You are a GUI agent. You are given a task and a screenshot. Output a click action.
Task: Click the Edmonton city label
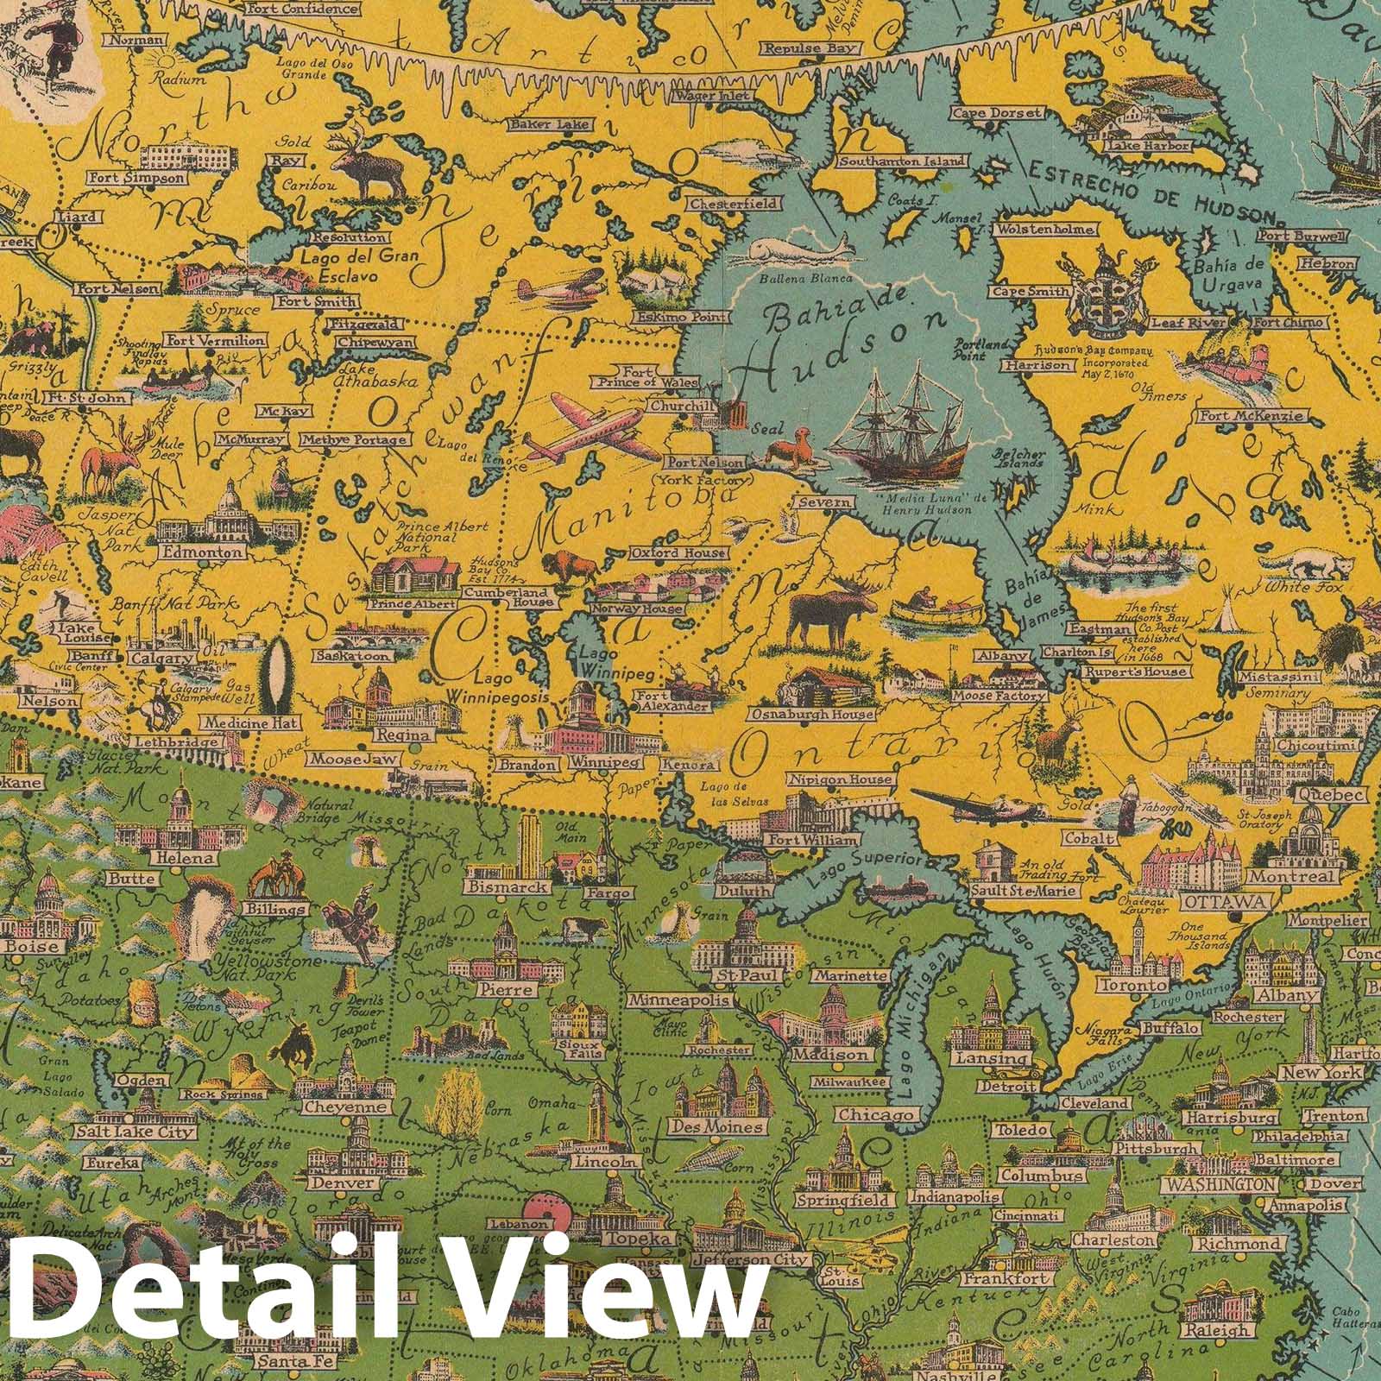coord(212,552)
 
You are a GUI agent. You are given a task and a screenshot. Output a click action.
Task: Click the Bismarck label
coord(506,886)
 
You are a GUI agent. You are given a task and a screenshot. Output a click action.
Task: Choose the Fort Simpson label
coord(136,178)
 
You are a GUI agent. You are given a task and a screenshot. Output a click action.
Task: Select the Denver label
coord(349,1183)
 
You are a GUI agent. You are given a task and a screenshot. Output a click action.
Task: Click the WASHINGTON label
coord(1217,1185)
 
